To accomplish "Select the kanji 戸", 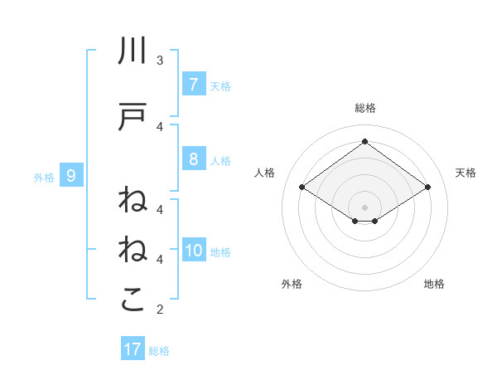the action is point(133,117).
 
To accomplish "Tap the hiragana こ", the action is point(133,300).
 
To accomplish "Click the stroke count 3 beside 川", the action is point(160,60).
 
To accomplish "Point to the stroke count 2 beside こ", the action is point(160,310).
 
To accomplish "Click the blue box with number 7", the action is point(193,84).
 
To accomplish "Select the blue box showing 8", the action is point(193,159).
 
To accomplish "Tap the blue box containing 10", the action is point(194,251).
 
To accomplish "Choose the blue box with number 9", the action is point(71,175).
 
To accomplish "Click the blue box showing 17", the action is point(133,349).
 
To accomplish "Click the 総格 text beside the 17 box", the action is point(159,351).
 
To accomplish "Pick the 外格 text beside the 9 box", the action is point(43,177).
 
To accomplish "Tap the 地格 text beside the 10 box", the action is point(221,252).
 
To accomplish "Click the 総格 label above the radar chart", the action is point(364,108).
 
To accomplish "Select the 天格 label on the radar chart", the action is point(466,173).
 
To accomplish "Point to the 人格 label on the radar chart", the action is point(265,173).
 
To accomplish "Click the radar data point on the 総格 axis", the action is point(364,141).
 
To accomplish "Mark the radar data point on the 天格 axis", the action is point(427,188).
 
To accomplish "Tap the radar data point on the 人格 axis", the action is point(302,188).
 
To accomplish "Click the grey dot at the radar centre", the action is point(364,207).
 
